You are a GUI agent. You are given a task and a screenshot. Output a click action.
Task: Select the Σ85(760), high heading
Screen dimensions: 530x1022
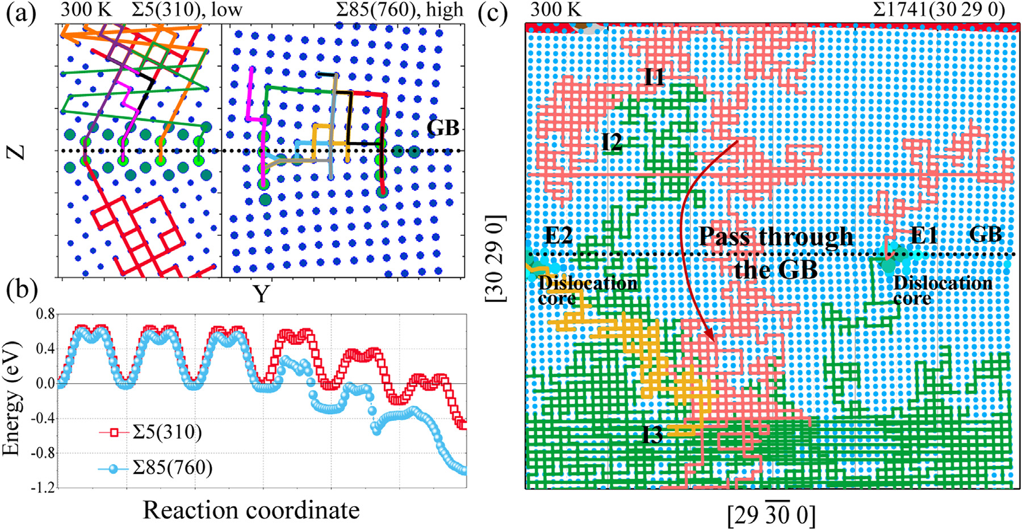tap(399, 10)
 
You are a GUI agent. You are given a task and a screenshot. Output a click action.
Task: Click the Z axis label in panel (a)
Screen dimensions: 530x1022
tap(18, 151)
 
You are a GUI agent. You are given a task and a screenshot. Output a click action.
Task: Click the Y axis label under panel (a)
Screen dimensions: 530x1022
tap(261, 294)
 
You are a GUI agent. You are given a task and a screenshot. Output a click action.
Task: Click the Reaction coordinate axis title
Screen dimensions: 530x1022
tap(251, 510)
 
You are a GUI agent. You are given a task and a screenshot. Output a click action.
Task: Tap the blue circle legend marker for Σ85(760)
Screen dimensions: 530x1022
tap(114, 469)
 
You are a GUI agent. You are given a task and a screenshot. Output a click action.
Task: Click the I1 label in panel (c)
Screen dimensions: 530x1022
tap(654, 77)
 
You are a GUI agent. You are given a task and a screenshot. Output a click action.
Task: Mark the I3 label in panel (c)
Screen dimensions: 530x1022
tap(652, 435)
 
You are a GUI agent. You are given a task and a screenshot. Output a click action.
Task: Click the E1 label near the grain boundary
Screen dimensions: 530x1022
tap(923, 235)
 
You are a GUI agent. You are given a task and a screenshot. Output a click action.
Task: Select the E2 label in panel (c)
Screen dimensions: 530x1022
tap(559, 235)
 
